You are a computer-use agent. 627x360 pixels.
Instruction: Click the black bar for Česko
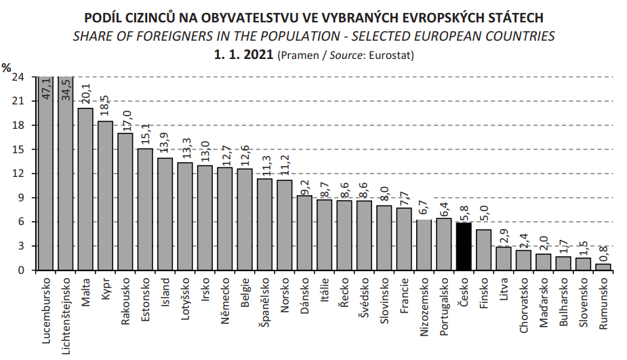464,246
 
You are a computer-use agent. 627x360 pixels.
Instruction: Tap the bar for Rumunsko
603,266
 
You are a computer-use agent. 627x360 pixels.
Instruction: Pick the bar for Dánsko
304,233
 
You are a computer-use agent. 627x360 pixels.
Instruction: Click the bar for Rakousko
125,201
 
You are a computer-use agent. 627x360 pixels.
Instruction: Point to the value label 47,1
46,89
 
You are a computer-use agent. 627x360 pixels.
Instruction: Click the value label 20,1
85,96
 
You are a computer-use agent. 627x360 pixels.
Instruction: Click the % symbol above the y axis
6,67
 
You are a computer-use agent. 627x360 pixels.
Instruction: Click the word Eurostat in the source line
391,54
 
